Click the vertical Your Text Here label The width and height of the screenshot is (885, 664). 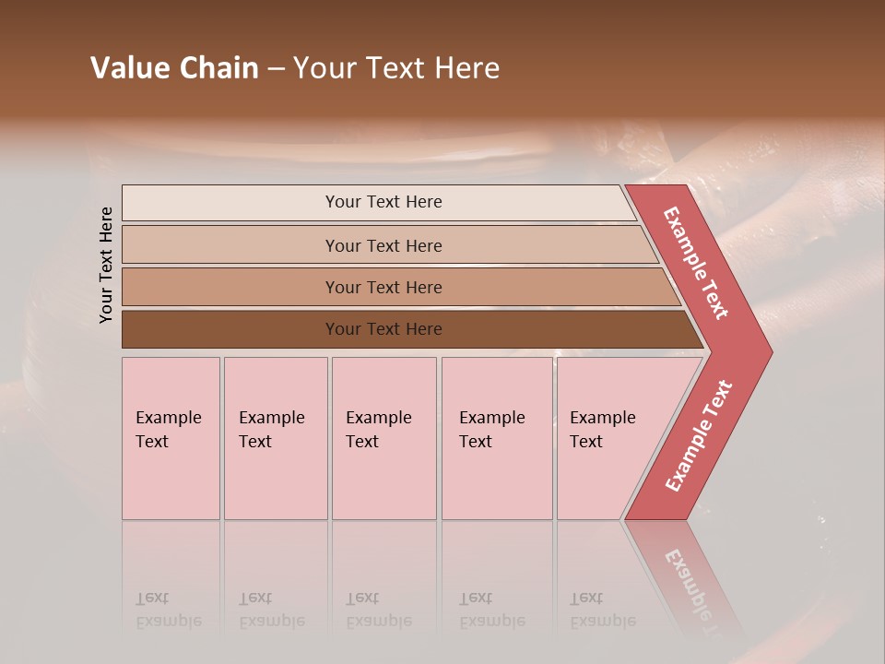[106, 265]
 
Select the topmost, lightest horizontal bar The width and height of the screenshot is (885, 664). [383, 202]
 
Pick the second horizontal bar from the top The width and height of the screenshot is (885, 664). [383, 245]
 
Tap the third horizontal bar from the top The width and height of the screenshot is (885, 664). [383, 287]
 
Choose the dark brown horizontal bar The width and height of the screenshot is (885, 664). [383, 329]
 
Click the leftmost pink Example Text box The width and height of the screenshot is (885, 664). [171, 438]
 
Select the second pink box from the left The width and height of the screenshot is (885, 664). [275, 438]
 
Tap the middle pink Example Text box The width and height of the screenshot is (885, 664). [383, 438]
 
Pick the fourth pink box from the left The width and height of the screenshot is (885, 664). [497, 438]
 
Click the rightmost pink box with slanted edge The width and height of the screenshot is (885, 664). [608, 438]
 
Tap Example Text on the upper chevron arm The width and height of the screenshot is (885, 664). [696, 263]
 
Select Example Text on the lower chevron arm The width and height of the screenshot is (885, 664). [699, 435]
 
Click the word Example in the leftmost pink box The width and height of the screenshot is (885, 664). [168, 418]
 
